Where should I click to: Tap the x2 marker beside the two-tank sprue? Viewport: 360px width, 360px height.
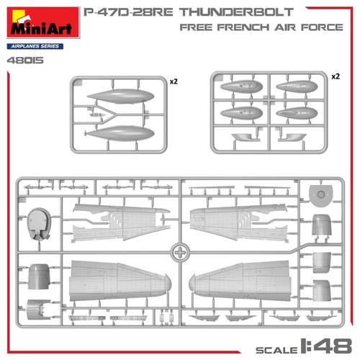pyautogui.click(x=174, y=82)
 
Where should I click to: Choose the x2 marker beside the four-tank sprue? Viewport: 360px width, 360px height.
pyautogui.click(x=335, y=76)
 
